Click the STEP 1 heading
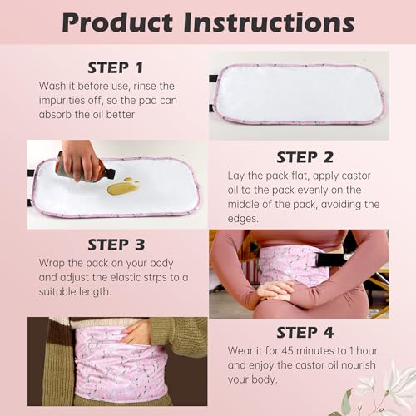(x=116, y=67)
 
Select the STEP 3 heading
(x=116, y=246)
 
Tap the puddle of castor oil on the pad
(x=123, y=187)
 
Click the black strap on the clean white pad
(x=213, y=79)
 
